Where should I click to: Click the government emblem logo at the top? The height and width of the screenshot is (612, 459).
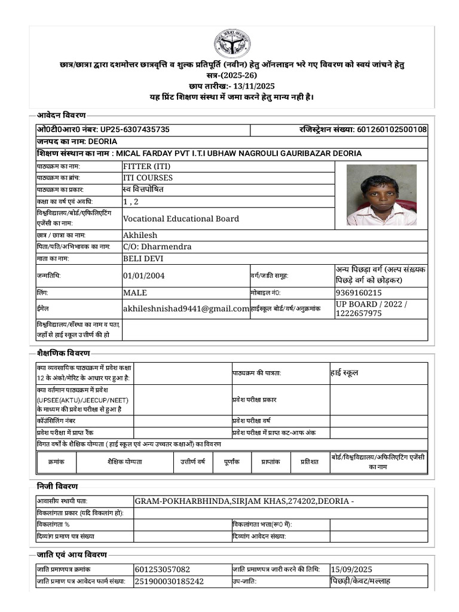[232, 43]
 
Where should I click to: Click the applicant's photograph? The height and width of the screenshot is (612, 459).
[381, 195]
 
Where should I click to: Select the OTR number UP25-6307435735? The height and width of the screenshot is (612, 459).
[134, 130]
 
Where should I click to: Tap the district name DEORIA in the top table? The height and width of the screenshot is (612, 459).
[102, 142]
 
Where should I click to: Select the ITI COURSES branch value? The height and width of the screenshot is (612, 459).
[148, 178]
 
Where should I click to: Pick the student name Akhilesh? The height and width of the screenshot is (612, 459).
[140, 235]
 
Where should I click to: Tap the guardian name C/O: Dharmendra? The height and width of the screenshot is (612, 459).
[157, 247]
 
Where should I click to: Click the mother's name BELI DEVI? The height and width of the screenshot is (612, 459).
[143, 259]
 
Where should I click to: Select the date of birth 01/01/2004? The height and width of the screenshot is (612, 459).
[143, 276]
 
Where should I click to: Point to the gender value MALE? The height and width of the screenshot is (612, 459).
[134, 293]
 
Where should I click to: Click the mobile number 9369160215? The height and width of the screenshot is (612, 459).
[359, 293]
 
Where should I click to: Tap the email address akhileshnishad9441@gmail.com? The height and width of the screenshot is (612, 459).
[186, 309]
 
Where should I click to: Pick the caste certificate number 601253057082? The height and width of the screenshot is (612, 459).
[162, 570]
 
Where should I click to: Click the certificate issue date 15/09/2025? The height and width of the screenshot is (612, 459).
[351, 570]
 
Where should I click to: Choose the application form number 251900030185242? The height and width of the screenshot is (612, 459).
[169, 581]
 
